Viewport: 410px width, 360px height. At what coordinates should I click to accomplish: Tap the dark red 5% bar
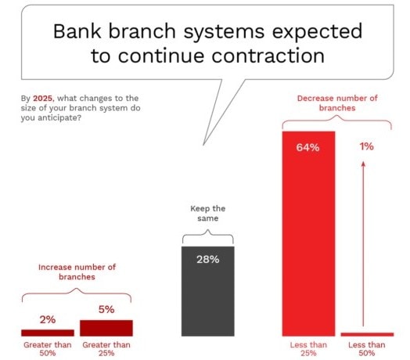(x=106, y=327)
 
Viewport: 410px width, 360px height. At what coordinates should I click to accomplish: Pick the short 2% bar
(x=48, y=332)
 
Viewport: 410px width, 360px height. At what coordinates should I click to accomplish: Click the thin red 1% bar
(x=367, y=333)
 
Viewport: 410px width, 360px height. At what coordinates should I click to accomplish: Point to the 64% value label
(x=308, y=148)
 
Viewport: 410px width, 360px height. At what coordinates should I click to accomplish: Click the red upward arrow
(x=363, y=243)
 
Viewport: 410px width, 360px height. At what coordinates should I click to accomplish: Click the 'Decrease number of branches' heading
(x=338, y=103)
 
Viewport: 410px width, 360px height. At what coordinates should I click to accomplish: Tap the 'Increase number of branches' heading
(x=77, y=272)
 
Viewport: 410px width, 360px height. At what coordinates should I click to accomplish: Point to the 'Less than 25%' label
(x=308, y=347)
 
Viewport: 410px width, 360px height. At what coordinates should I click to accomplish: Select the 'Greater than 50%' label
(x=48, y=347)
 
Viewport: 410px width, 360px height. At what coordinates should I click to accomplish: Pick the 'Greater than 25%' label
(x=106, y=347)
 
